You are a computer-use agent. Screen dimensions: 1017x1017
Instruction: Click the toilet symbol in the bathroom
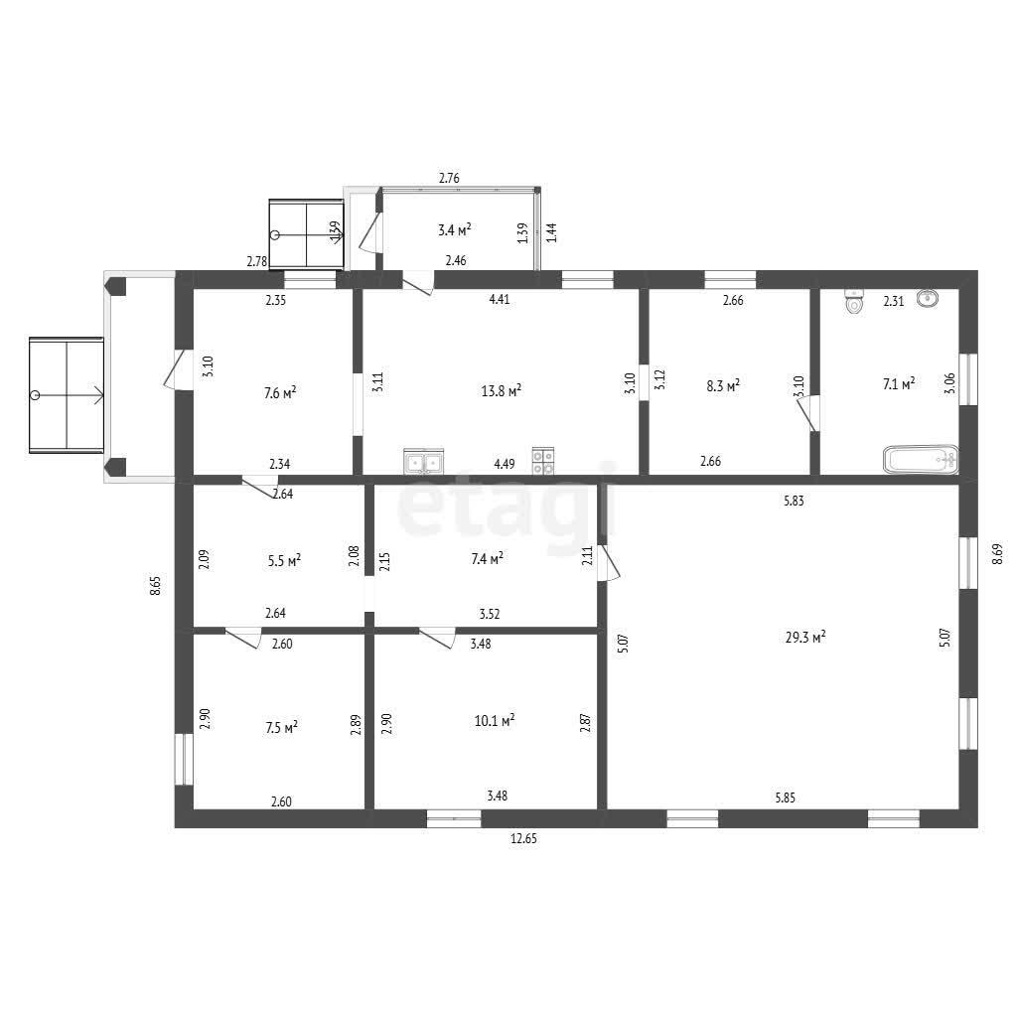click(855, 302)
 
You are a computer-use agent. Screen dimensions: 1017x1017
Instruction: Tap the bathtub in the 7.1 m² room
click(921, 459)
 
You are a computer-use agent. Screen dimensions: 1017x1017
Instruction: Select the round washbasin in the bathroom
click(929, 298)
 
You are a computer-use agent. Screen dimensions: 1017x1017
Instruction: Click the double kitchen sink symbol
click(423, 461)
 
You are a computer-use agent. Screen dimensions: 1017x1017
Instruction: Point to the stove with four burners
click(543, 461)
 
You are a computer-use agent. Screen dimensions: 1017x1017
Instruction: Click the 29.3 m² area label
click(805, 637)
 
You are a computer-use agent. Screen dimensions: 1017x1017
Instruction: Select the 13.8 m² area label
click(502, 390)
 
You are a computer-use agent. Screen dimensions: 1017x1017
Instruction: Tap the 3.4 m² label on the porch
click(454, 229)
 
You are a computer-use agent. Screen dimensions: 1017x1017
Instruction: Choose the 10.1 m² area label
click(495, 720)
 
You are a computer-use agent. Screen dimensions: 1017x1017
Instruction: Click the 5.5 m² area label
click(284, 560)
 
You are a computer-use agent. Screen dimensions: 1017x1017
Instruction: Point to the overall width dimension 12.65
click(524, 838)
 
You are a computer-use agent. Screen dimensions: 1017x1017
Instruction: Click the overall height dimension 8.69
click(997, 553)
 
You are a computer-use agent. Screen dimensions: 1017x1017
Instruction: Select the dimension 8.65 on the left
click(154, 585)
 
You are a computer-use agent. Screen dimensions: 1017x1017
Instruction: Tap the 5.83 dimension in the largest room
click(794, 501)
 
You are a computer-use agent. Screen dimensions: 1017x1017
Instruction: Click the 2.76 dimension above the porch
click(450, 178)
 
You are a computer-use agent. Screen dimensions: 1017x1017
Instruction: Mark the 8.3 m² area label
click(723, 386)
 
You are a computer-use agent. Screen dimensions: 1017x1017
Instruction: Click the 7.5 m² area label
click(281, 728)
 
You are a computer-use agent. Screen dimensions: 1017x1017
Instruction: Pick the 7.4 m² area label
click(488, 558)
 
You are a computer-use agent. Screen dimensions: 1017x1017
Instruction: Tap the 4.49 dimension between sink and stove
click(505, 464)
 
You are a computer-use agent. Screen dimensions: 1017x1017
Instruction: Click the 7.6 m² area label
click(280, 392)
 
